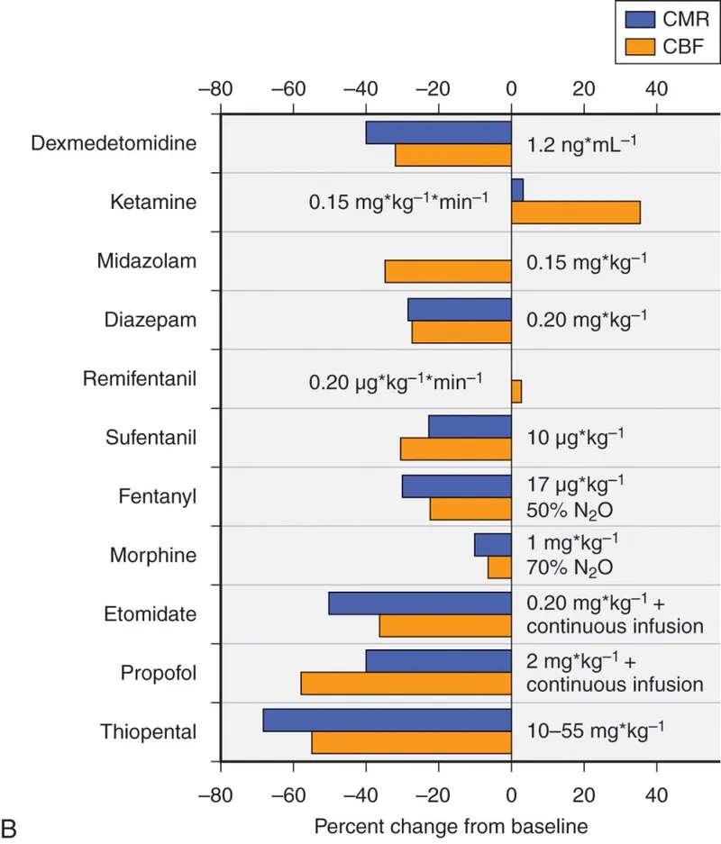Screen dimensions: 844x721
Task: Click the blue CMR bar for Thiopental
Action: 387,720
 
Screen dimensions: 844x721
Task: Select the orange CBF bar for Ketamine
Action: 575,213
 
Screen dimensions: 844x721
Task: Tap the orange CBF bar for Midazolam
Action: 448,272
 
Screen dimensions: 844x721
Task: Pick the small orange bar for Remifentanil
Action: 516,391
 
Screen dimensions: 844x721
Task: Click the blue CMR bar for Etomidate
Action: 420,603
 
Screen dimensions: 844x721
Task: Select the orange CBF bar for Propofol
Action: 406,684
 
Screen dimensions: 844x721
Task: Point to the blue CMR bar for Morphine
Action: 493,544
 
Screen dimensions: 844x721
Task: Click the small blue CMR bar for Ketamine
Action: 517,190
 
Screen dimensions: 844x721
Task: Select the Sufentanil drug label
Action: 151,439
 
